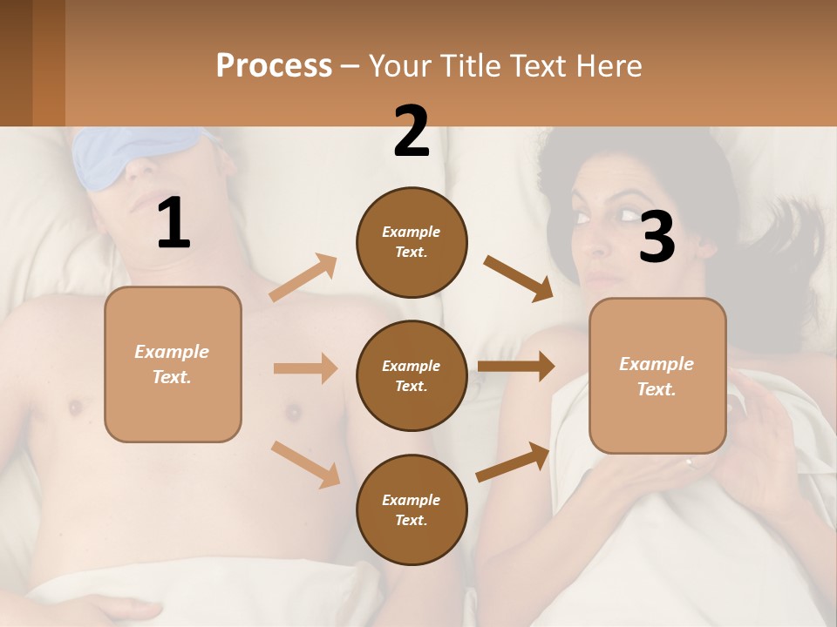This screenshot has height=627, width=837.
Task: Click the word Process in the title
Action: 274,65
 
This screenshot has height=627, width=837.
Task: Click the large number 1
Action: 174,224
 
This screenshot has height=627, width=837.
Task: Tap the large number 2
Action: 412,131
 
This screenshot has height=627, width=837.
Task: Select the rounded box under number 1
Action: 173,364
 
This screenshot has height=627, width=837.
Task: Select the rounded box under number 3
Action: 657,375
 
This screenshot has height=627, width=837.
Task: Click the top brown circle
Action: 412,242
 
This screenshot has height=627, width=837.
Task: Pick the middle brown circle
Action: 412,375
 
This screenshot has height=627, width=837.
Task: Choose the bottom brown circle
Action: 412,509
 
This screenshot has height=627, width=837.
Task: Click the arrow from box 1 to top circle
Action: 303,278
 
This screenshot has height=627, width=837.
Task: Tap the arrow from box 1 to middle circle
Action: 304,368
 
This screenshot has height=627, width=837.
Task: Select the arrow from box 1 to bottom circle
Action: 305,463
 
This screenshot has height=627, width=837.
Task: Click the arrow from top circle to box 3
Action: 518,278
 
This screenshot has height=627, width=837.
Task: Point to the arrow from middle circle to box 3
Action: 515,367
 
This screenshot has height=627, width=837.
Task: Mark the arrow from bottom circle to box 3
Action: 513,462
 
